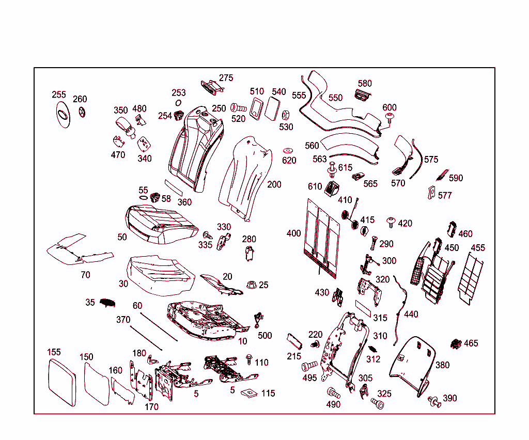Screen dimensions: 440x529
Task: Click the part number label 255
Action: tap(59, 95)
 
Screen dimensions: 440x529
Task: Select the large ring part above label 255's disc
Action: tap(63, 115)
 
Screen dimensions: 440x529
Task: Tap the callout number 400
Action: tap(293, 233)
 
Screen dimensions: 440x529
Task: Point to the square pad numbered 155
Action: tap(62, 382)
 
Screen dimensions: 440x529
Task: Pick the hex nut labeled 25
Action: tap(252, 284)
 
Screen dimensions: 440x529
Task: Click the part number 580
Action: tap(365, 83)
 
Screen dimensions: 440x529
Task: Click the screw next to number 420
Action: tap(391, 222)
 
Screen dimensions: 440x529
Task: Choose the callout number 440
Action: tap(411, 314)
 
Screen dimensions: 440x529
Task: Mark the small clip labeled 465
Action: tap(456, 343)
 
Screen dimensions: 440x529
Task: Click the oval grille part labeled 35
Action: tap(107, 302)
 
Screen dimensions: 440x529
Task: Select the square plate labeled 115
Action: tap(250, 392)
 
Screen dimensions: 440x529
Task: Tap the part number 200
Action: tap(274, 184)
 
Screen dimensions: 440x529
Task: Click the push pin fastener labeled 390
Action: tap(434, 401)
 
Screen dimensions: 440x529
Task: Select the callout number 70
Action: tap(85, 275)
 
